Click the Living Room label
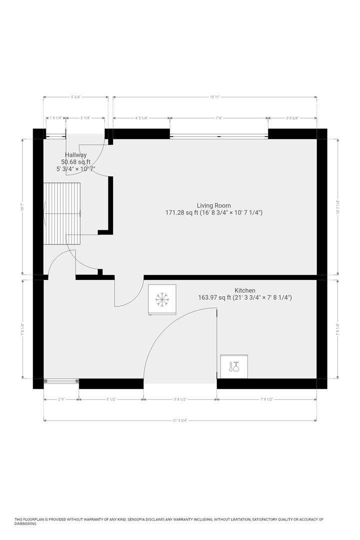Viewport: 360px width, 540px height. pos(213,205)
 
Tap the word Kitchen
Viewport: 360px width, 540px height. pos(245,290)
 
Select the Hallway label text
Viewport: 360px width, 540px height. pos(75,155)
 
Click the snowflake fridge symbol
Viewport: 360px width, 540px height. pos(162,299)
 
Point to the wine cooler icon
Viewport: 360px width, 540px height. pos(233,367)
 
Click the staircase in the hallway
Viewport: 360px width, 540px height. pos(62,213)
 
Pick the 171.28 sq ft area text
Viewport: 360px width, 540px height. pos(184,212)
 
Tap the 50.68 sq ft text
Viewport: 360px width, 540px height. pos(75,162)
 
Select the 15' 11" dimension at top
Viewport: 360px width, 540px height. pos(214,97)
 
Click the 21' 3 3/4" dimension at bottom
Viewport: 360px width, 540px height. pos(179,420)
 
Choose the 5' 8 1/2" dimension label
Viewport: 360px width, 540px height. pos(180,399)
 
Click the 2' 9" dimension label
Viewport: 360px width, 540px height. pos(61,399)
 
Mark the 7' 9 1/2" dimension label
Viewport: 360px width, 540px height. pos(266,399)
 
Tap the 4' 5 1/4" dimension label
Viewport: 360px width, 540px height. pos(141,118)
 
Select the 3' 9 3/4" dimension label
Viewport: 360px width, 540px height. pos(292,118)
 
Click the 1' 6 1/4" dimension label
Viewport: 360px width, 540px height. pos(55,118)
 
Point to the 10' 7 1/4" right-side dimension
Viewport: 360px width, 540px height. pos(339,206)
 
